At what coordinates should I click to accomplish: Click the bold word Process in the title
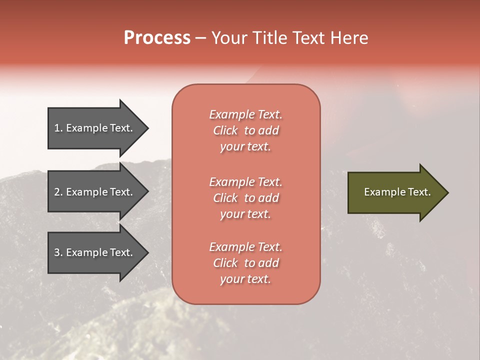(x=157, y=38)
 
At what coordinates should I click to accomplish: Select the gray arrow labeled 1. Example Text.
(x=95, y=128)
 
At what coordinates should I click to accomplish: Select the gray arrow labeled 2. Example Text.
(x=95, y=192)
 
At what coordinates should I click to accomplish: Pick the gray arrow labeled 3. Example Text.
(x=95, y=252)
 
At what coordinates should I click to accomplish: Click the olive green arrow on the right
(x=395, y=192)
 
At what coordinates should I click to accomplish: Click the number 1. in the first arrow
(x=58, y=128)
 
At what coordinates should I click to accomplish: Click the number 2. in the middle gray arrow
(x=58, y=192)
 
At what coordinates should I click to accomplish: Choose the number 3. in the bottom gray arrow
(x=58, y=252)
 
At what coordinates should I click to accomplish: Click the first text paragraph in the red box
(x=245, y=130)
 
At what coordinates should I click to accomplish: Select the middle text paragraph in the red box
(x=245, y=198)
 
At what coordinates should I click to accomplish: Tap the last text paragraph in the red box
(x=245, y=263)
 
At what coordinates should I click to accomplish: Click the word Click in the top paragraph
(x=225, y=130)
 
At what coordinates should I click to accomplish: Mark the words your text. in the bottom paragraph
(x=245, y=279)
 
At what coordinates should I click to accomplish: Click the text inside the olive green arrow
(x=397, y=192)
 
